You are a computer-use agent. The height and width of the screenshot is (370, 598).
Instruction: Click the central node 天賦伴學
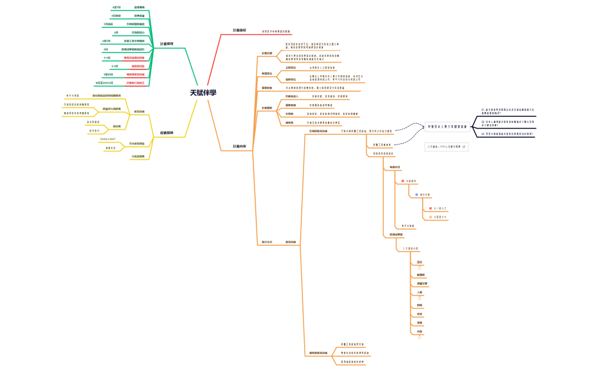(x=203, y=93)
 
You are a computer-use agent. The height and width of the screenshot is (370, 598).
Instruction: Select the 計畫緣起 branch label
(x=240, y=30)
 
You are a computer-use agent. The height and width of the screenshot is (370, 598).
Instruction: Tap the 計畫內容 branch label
(x=240, y=146)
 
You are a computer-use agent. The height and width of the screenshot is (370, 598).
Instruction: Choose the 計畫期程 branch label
(x=167, y=44)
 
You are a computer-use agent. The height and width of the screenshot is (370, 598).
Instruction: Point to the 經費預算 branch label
(x=167, y=133)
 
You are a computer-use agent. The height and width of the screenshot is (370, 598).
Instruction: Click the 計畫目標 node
(x=267, y=54)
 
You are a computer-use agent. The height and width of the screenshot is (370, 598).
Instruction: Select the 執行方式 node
(x=267, y=242)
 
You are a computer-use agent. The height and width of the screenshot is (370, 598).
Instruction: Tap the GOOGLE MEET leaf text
(x=108, y=139)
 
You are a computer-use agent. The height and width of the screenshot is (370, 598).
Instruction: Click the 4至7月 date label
(x=117, y=7)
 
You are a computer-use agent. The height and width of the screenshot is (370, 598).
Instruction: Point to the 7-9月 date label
(x=107, y=57)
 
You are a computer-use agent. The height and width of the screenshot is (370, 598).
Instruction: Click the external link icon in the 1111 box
(x=464, y=147)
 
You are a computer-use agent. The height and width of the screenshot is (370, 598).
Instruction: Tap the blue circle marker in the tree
(x=416, y=194)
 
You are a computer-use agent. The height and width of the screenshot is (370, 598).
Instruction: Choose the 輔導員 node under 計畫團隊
(x=289, y=122)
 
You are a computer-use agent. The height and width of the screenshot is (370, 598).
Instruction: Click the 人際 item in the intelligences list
(x=420, y=293)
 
